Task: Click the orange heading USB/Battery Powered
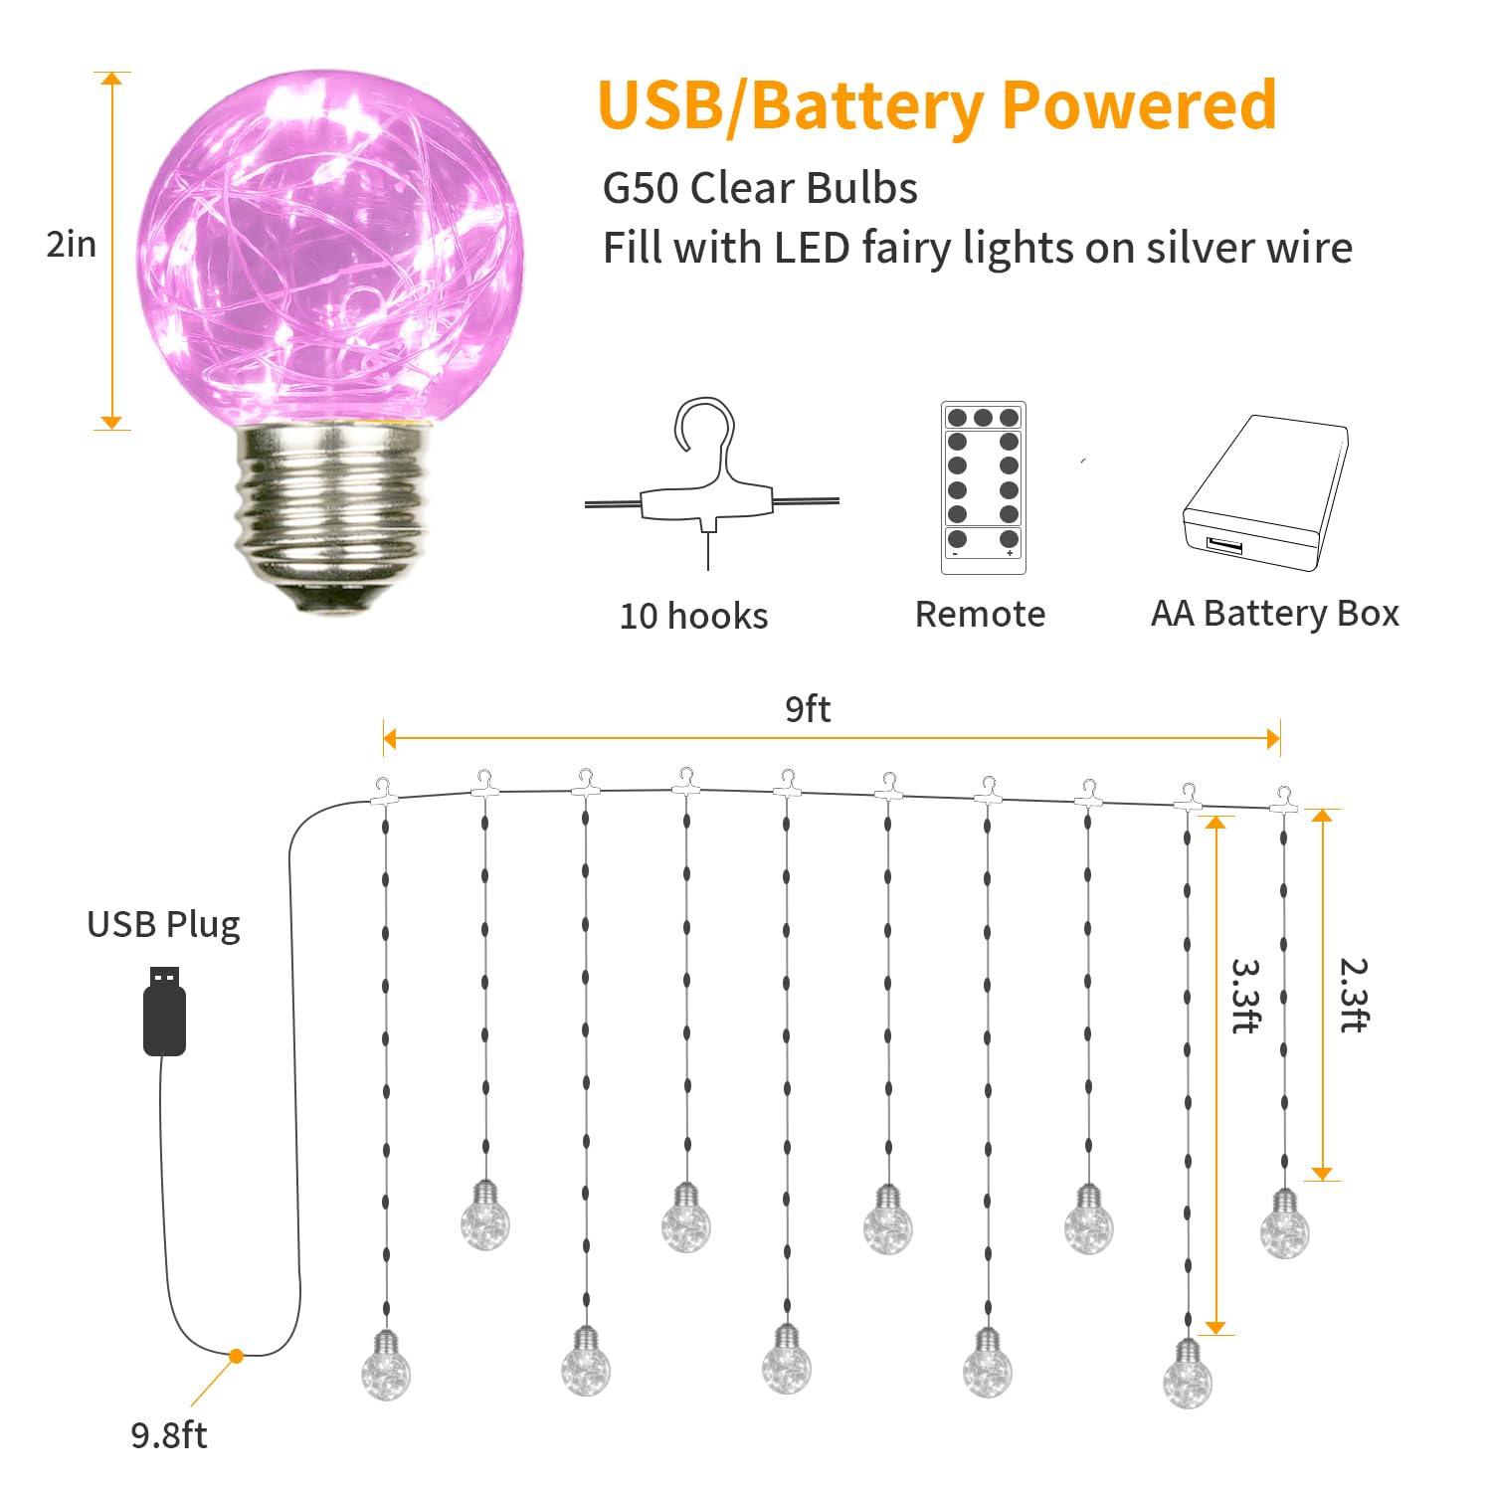937,106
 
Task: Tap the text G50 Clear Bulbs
760,188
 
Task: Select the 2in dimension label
72,244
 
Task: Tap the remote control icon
983,487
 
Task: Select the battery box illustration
1265,492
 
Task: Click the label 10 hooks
693,616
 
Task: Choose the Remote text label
980,614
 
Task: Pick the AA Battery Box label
1274,614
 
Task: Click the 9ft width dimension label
808,708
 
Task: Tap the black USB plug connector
164,1011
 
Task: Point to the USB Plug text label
163,924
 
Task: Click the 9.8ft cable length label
169,1435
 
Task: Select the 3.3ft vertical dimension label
1246,996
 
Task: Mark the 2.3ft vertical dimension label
1354,995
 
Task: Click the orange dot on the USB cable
236,1356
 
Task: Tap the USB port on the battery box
1224,545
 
